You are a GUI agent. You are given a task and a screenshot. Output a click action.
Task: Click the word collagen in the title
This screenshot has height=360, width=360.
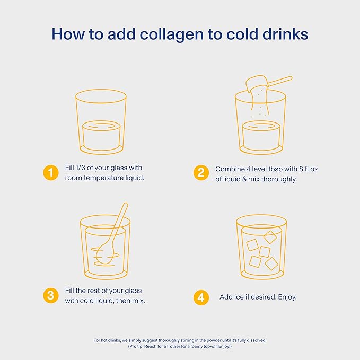tap(172, 34)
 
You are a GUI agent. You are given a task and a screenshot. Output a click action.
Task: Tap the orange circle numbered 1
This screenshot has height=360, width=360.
tap(51, 172)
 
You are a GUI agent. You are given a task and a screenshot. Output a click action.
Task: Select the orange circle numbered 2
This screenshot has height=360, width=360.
tap(201, 172)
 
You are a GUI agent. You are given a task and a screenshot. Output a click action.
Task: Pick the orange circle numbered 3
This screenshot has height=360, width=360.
tap(51, 295)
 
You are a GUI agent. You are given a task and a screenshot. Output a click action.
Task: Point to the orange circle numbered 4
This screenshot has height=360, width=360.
tap(201, 297)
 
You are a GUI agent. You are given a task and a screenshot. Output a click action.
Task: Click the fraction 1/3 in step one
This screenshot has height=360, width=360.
tap(81, 168)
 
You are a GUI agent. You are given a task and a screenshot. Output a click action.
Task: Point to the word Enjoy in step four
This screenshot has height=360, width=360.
tap(287, 297)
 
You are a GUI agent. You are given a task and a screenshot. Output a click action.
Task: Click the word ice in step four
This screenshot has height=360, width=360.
tap(239, 297)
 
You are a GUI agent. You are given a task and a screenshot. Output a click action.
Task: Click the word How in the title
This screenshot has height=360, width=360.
tap(68, 34)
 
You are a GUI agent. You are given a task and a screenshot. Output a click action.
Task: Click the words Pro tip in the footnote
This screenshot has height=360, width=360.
tap(136, 346)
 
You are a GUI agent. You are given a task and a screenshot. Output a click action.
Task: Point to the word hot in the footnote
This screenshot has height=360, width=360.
tap(104, 340)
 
